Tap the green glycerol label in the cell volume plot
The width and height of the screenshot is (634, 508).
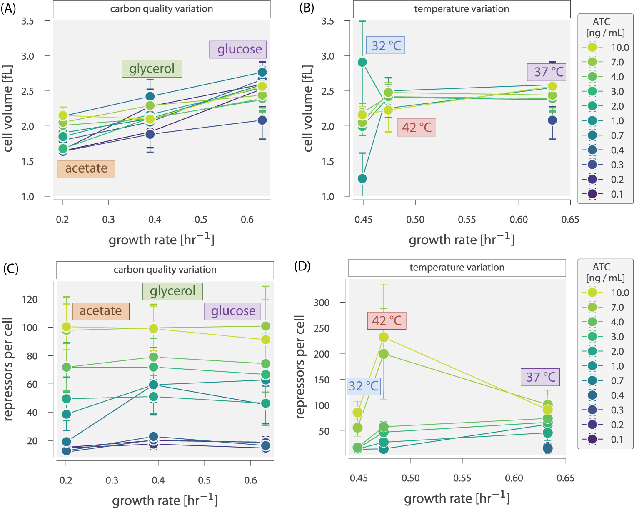[x=152, y=68]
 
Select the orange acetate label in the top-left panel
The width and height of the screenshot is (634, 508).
[x=86, y=168]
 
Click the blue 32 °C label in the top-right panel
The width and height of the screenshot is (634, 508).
[x=386, y=45]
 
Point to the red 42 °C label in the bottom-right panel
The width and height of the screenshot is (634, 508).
[x=387, y=320]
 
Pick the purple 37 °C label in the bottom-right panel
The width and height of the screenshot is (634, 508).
[x=540, y=377]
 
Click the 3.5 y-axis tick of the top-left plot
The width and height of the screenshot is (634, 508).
[x=27, y=21]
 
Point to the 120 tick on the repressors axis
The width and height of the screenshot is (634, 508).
[x=30, y=299]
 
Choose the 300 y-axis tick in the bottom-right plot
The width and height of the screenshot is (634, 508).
[x=321, y=303]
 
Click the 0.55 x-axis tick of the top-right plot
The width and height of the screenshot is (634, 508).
[x=467, y=219]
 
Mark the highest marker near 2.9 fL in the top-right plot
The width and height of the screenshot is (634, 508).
[x=362, y=63]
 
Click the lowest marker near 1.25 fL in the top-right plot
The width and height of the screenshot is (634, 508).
[x=362, y=178]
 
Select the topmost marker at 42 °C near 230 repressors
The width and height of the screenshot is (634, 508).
[x=384, y=337]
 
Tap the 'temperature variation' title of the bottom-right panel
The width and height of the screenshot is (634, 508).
[x=457, y=268]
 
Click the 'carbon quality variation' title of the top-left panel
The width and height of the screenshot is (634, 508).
[x=161, y=9]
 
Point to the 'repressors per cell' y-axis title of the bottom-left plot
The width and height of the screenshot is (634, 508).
[x=8, y=369]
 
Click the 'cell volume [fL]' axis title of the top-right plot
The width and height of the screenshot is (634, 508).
[x=308, y=108]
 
